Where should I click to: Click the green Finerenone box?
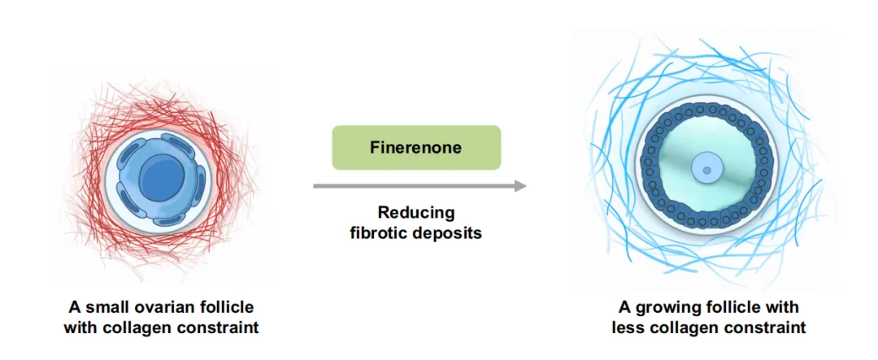415,147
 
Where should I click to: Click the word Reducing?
415,213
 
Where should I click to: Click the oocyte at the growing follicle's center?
706,170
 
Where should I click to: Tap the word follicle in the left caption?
224,307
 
